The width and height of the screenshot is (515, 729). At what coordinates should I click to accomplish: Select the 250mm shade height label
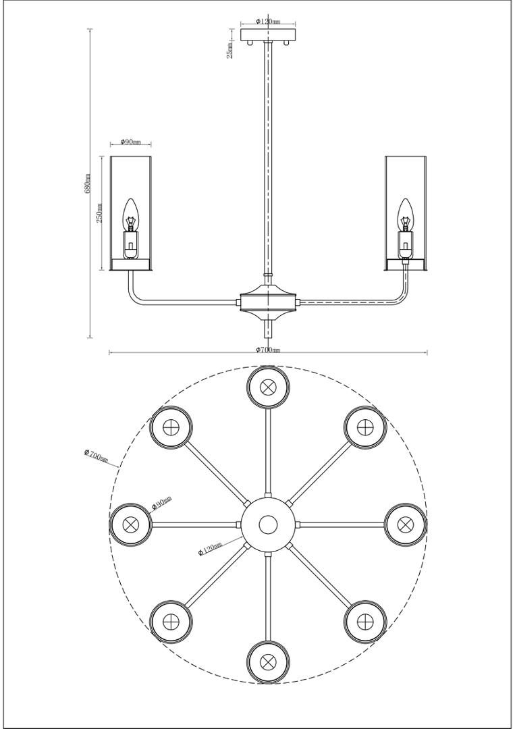point(99,213)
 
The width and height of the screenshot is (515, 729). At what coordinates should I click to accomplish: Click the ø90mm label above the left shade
point(130,142)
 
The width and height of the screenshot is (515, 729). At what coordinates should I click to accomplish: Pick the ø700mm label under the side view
point(268,350)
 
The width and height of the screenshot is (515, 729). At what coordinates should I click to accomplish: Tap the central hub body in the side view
point(268,301)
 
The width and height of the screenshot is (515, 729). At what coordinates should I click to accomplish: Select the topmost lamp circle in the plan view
point(268,387)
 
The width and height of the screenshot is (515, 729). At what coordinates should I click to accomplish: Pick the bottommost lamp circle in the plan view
point(268,661)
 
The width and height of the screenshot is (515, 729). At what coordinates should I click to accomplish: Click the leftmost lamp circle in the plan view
point(131,524)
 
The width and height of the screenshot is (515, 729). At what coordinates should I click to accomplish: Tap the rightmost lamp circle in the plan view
point(405,524)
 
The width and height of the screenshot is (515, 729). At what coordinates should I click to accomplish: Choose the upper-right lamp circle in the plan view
point(365,427)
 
